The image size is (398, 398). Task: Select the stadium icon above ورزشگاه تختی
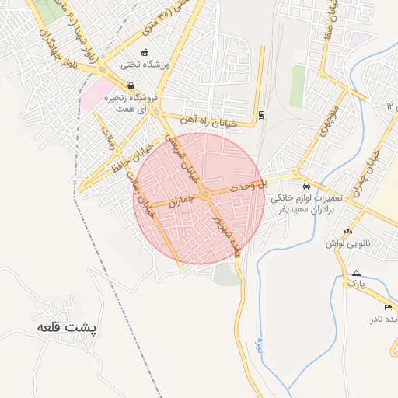[145, 53]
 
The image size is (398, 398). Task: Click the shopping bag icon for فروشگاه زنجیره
[130, 86]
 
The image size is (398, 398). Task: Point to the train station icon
[261, 116]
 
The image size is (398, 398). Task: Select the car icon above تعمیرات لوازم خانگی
[307, 187]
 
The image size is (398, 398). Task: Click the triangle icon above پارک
[356, 273]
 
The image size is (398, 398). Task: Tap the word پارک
[355, 285]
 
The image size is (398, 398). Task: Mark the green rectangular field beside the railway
[298, 86]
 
